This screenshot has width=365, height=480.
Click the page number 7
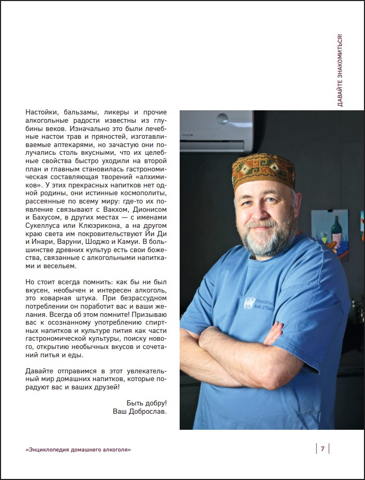coord(322,448)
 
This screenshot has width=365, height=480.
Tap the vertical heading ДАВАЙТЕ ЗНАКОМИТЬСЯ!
coord(340,71)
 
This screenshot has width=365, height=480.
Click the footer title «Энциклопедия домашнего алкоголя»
coord(78,449)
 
